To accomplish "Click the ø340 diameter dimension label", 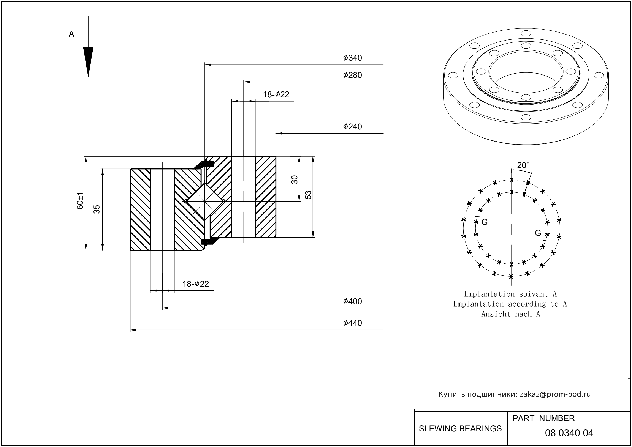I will click(x=352, y=58).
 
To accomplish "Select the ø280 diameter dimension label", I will click(x=352, y=75).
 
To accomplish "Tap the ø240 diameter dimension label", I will click(x=352, y=127).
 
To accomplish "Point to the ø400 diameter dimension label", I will click(x=352, y=301).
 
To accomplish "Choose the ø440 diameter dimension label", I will click(x=352, y=323).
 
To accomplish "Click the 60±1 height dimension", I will click(x=80, y=201).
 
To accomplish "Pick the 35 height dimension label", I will click(x=97, y=209).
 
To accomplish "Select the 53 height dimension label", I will click(x=309, y=195).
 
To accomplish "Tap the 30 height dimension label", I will click(x=295, y=179).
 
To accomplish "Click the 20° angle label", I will click(x=523, y=165).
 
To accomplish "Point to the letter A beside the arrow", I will click(x=71, y=34).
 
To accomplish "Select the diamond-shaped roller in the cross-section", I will click(x=205, y=201).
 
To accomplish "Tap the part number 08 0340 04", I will click(x=569, y=433).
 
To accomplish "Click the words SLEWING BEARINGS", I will click(x=460, y=429).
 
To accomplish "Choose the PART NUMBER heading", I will click(x=543, y=418).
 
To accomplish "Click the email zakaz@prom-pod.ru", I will click(x=555, y=394).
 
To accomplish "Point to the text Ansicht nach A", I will click(x=510, y=314).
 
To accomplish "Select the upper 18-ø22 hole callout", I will click(x=276, y=95).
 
